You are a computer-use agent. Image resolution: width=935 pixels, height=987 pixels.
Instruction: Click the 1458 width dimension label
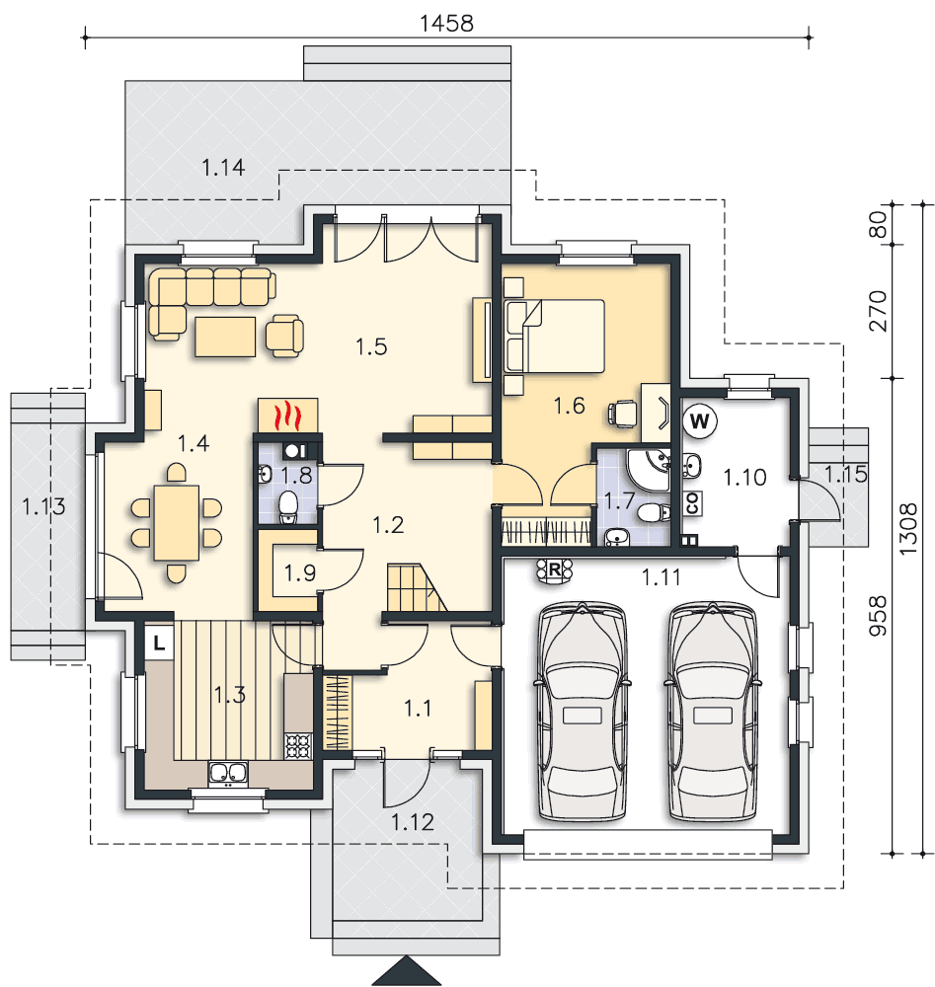(x=446, y=24)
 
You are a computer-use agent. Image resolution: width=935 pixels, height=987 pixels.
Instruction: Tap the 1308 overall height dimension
(x=907, y=529)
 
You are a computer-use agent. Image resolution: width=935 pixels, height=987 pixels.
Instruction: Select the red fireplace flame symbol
(x=287, y=416)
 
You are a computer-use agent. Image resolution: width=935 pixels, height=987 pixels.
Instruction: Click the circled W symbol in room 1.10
(x=699, y=420)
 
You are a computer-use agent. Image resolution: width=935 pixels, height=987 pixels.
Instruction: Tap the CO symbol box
(x=692, y=503)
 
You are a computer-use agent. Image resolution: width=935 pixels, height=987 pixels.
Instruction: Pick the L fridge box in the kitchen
(x=159, y=643)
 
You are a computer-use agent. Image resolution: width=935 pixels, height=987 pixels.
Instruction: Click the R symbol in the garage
(x=554, y=570)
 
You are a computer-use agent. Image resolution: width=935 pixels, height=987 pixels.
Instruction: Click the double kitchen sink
(x=228, y=773)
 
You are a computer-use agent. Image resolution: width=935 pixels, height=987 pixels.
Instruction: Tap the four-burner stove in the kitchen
(x=298, y=746)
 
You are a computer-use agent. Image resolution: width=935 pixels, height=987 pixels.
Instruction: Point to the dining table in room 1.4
(x=177, y=522)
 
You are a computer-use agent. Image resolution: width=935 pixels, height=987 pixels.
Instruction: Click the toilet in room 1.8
(x=288, y=506)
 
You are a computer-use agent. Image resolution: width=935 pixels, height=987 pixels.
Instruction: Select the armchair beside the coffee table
(x=284, y=336)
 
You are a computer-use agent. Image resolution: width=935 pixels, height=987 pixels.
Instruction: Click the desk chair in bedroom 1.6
(x=623, y=415)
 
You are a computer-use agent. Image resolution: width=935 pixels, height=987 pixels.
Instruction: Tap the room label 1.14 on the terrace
(x=223, y=168)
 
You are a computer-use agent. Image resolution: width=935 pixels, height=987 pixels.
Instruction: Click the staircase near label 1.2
(x=416, y=587)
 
